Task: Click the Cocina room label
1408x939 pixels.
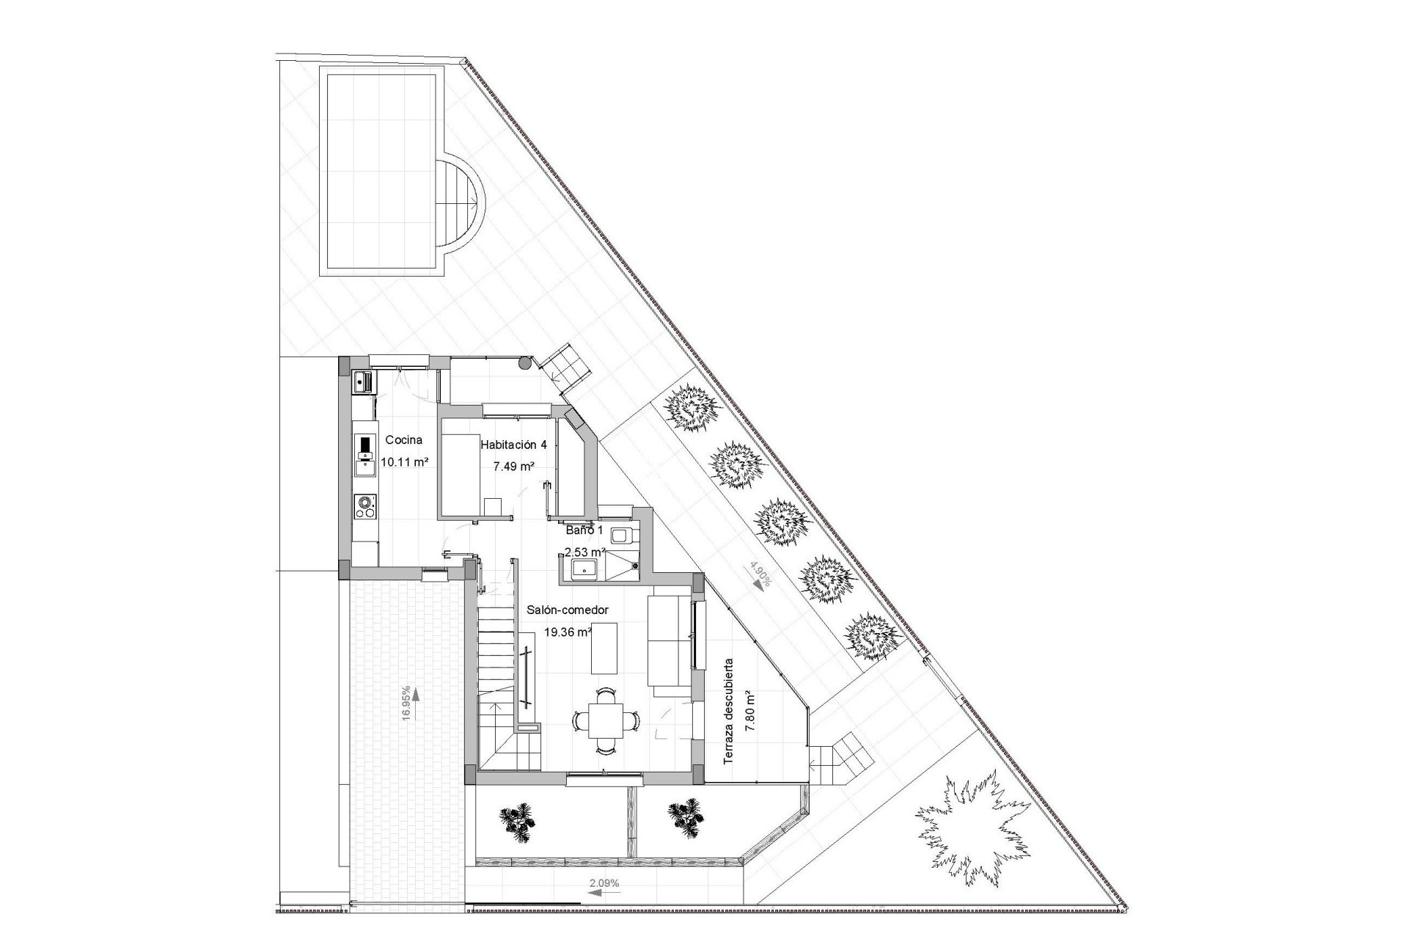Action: (404, 440)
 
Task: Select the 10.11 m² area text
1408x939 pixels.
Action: (404, 462)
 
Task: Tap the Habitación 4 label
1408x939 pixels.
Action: (513, 445)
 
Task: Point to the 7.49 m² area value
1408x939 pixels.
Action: (513, 466)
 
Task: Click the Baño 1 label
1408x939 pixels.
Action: (584, 530)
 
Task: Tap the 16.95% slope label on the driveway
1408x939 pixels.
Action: (406, 704)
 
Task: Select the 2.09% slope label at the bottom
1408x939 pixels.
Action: (604, 883)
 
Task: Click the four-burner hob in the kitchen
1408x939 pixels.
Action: (364, 506)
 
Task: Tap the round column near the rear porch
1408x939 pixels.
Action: (525, 362)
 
